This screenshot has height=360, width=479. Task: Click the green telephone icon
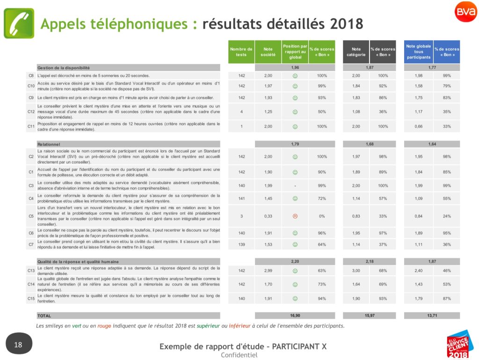pos(19,23)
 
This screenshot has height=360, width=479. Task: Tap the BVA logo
pos(466,12)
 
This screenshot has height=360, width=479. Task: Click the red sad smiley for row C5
pos(295,216)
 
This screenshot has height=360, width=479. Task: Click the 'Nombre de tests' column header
pos(241,52)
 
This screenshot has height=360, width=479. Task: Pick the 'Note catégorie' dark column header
pos(356,52)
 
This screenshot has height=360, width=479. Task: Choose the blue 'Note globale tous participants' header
pos(419,52)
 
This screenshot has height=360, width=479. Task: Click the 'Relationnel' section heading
pos(49,144)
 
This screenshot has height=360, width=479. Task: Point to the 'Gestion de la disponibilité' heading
pos(64,68)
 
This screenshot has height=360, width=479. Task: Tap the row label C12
pos(31,112)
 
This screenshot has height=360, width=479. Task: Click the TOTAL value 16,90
pos(295,316)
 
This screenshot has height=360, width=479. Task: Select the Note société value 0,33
pos(268,216)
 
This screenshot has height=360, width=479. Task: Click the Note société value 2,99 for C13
pos(268,271)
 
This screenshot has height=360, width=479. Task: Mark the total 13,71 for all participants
pos(432,316)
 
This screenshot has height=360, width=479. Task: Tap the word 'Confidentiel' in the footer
pos(239,355)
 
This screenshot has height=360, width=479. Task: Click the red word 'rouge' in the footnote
pos(104,326)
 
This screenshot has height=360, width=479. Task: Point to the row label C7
pos(31,244)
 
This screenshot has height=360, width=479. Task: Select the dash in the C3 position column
pos(295,185)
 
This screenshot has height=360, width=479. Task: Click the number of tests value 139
pos(241,244)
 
